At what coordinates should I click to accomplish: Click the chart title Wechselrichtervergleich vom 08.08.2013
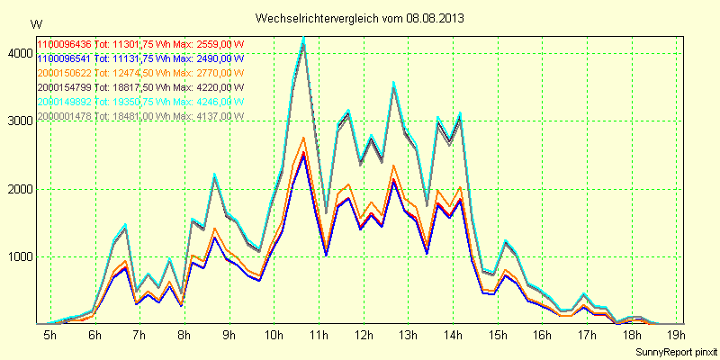pyautogui.click(x=359, y=17)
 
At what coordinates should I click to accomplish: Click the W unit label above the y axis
pyautogui.click(x=35, y=22)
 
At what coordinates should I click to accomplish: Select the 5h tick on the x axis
pyautogui.click(x=50, y=335)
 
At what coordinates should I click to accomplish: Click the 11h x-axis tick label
pyautogui.click(x=318, y=335)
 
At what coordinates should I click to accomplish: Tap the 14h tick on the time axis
pyautogui.click(x=454, y=335)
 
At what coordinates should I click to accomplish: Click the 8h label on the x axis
pyautogui.click(x=184, y=335)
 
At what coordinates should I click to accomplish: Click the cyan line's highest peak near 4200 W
pyautogui.click(x=304, y=38)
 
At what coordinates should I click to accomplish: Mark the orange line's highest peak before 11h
pyautogui.click(x=304, y=137)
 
